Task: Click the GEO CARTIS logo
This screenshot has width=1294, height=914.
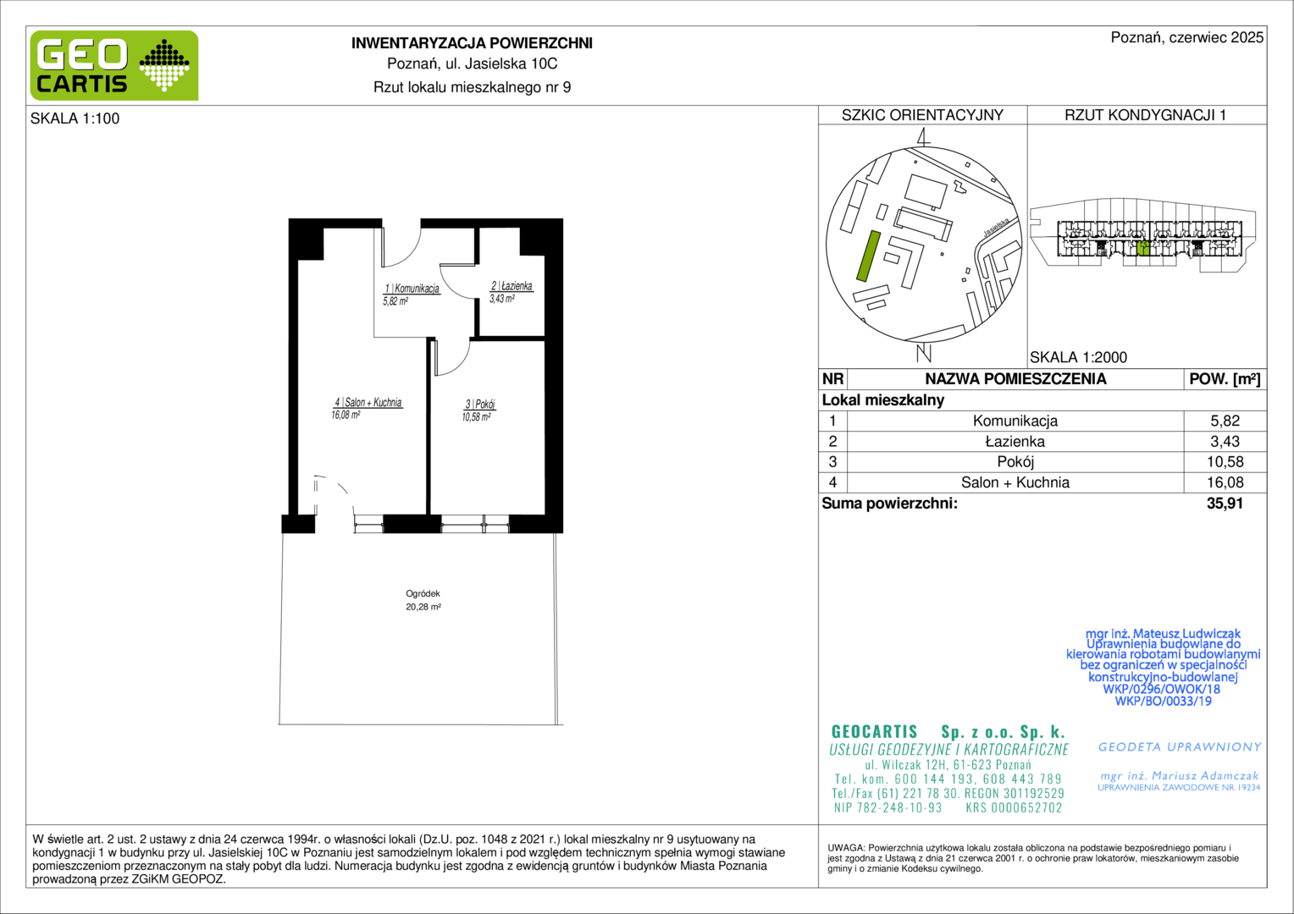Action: [x=114, y=65]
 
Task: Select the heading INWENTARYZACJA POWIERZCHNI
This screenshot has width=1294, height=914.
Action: [x=472, y=43]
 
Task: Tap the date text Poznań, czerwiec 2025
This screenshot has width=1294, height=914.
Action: [x=1187, y=37]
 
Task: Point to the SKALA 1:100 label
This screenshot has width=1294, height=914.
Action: [x=75, y=118]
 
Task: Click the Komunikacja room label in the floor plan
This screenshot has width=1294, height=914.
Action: [x=412, y=288]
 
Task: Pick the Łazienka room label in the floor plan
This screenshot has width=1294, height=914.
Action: [x=512, y=286]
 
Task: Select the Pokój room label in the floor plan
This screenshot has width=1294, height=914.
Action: [x=480, y=405]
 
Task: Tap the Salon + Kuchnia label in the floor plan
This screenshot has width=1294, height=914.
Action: [x=368, y=403]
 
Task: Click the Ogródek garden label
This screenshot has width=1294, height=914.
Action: [x=423, y=593]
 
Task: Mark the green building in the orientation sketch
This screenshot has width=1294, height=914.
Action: [x=868, y=256]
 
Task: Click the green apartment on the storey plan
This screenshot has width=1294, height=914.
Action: [x=1142, y=248]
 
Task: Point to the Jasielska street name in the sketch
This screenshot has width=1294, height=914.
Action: [x=997, y=227]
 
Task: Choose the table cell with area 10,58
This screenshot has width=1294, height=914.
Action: [x=1225, y=462]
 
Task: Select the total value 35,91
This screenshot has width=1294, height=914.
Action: [x=1225, y=504]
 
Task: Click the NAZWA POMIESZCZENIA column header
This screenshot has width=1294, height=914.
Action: [x=1015, y=379]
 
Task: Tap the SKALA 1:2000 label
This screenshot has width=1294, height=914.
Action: [x=1079, y=357]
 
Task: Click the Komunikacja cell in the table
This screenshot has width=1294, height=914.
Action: [x=1015, y=421]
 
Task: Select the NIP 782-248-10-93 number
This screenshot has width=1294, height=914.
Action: [x=888, y=807]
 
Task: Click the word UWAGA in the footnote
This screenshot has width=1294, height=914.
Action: [x=846, y=848]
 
